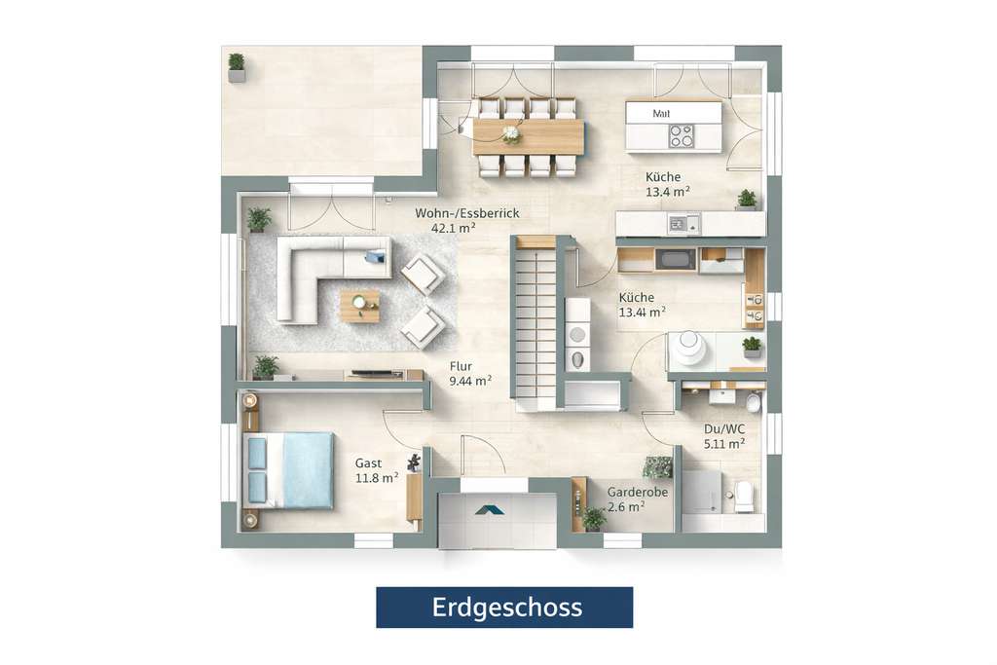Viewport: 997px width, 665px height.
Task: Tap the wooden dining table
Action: [529, 137]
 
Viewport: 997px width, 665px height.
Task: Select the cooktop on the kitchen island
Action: [682, 136]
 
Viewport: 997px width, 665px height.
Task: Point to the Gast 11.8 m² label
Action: [376, 470]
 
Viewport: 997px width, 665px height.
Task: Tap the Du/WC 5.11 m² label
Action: [724, 435]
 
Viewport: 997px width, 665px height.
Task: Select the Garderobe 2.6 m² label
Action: [637, 499]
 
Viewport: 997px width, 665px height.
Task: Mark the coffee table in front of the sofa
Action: [359, 305]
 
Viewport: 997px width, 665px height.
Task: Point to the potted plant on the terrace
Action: [237, 67]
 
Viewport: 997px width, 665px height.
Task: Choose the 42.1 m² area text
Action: [453, 228]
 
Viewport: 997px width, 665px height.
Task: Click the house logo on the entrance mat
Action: [490, 509]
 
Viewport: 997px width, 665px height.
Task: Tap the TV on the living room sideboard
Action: [371, 373]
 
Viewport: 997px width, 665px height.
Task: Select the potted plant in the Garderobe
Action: [593, 518]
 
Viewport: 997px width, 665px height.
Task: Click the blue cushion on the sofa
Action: [375, 257]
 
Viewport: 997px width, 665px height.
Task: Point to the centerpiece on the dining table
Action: [511, 134]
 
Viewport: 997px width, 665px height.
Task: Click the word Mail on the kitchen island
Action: [662, 114]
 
